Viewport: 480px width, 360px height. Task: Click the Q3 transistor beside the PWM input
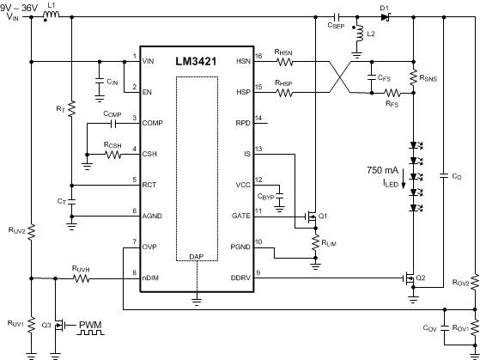pyautogui.click(x=61, y=325)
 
